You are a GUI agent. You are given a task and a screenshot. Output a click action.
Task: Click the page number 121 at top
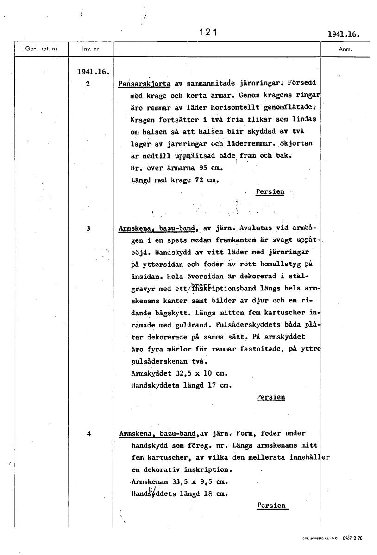click(208, 32)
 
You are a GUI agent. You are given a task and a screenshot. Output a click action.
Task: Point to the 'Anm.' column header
click(345, 49)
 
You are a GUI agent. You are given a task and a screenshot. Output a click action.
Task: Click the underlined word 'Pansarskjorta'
click(145, 84)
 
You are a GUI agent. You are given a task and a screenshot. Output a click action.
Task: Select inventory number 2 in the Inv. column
click(88, 84)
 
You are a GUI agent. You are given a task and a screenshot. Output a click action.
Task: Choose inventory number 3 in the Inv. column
click(88, 228)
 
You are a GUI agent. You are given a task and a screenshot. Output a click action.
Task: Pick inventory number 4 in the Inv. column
click(88, 434)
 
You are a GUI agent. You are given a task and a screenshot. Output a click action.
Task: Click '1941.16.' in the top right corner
click(343, 34)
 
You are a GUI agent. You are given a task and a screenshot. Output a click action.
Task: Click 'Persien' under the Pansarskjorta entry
click(270, 192)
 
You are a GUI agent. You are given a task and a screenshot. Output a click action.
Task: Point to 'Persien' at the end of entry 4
click(271, 506)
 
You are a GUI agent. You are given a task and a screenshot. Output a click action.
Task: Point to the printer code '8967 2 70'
click(353, 539)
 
